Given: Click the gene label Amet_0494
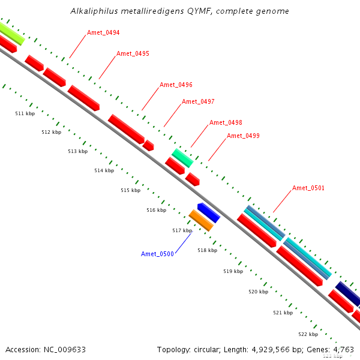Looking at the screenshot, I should tap(103, 32).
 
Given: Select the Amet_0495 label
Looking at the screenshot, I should tap(133, 53).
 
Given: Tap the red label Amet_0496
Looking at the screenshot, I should tap(176, 85).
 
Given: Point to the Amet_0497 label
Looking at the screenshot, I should tap(198, 101).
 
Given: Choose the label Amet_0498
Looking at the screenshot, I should tap(226, 122).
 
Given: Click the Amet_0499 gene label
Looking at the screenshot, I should tap(243, 136).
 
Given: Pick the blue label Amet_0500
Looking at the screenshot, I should tap(157, 254).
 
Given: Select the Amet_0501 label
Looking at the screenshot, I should tap(308, 188).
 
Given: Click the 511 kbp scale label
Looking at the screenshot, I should tap(25, 113).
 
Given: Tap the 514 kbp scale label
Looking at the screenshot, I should tap(104, 170).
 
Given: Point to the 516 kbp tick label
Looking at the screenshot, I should tap(156, 210).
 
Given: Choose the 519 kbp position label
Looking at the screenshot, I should tap(233, 271).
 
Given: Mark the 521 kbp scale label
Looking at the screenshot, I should tap(283, 313).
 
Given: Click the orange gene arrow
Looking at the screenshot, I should tap(201, 221).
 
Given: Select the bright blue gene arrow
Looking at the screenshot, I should tap(209, 212).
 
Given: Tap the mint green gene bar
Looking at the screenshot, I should tap(182, 158).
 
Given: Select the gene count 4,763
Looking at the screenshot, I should tap(341, 349).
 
